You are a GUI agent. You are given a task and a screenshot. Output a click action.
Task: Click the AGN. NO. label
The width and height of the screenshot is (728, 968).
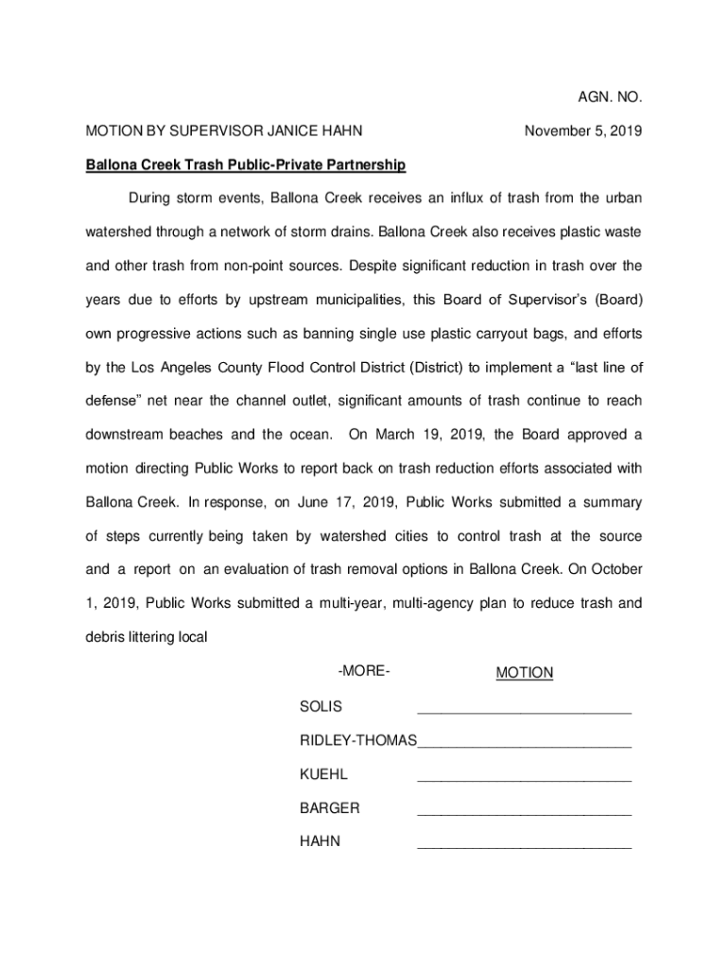(x=610, y=97)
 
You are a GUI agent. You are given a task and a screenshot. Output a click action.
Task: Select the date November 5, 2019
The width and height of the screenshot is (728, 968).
(x=583, y=131)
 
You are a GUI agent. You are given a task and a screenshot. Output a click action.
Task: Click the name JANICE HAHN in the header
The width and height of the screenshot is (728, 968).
(x=316, y=131)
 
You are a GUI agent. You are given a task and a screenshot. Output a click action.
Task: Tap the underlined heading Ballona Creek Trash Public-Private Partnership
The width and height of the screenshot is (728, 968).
(x=246, y=165)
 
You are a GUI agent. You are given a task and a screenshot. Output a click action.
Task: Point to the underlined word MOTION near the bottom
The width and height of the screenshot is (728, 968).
(x=525, y=673)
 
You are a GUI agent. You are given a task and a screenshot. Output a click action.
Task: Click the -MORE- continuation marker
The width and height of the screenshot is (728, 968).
(x=364, y=671)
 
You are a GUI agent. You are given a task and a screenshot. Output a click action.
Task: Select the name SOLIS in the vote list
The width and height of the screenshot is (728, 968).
(x=321, y=706)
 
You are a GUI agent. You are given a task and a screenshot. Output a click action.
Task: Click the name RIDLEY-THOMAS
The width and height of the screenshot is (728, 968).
(x=357, y=740)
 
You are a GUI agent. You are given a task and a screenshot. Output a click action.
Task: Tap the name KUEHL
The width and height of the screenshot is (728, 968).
(x=323, y=774)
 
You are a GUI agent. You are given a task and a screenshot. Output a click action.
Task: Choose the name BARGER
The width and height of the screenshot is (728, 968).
(x=329, y=808)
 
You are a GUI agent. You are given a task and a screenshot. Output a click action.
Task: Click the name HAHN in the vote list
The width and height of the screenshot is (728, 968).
(x=320, y=842)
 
